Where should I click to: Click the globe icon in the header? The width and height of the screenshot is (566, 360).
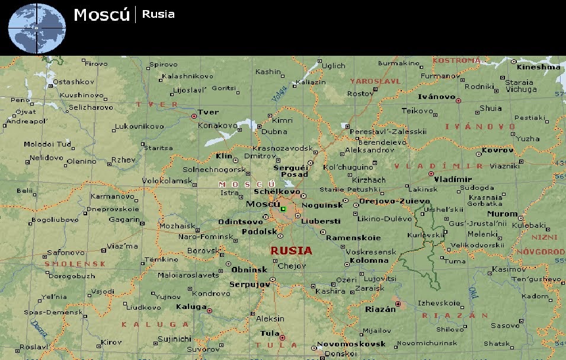tap(36, 27)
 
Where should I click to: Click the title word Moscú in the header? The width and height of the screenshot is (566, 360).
tap(101, 15)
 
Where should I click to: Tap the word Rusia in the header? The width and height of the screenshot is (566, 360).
tap(158, 14)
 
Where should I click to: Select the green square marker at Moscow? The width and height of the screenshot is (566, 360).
tap(283, 209)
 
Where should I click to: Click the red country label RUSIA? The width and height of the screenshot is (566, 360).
tap(291, 251)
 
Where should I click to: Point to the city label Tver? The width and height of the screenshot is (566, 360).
tap(208, 112)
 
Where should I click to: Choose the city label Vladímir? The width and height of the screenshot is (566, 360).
tap(453, 179)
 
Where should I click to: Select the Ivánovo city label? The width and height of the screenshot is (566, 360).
tap(436, 96)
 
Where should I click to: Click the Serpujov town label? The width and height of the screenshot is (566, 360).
tap(250, 285)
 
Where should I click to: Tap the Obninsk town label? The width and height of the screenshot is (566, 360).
tap(248, 269)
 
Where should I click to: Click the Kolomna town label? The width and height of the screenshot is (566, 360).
tap(369, 260)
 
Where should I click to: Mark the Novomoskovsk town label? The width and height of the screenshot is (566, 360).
tap(351, 344)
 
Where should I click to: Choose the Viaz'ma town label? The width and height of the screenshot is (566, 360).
tap(122, 246)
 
